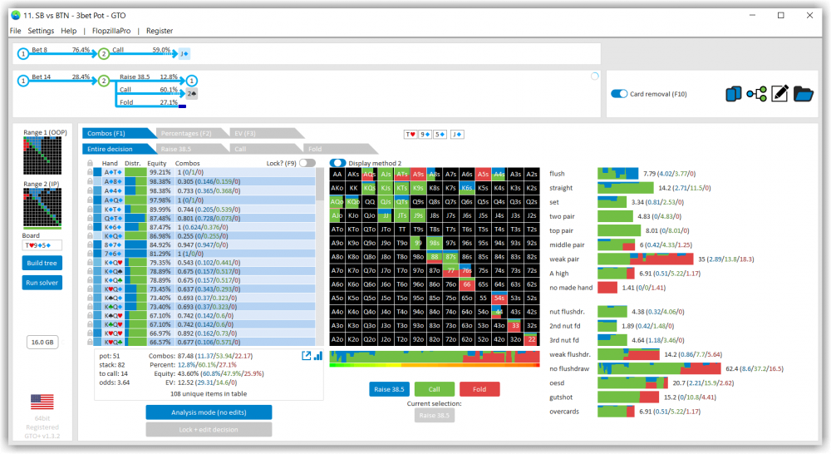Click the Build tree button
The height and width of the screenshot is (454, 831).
(42, 263)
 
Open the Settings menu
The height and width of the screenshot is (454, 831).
(41, 31)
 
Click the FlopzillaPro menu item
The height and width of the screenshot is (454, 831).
(111, 31)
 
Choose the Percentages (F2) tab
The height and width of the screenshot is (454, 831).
(185, 133)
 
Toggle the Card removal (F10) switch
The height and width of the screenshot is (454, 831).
(620, 94)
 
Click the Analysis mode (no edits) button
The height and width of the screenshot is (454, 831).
(208, 412)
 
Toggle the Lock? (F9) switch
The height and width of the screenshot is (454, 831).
(307, 164)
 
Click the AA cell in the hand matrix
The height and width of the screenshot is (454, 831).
(337, 175)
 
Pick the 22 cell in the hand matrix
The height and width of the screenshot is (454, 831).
(532, 339)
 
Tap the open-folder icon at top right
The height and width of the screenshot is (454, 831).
(804, 94)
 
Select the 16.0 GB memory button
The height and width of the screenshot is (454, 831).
(42, 342)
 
